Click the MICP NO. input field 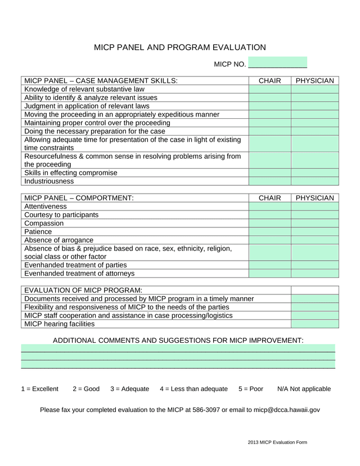click(278, 62)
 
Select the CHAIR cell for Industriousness click(269, 181)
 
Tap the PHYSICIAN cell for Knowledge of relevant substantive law click(314, 89)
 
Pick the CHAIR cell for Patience click(269, 231)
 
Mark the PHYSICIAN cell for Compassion click(314, 223)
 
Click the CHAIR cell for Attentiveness click(269, 207)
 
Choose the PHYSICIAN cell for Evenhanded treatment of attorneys click(314, 274)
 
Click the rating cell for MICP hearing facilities click(314, 324)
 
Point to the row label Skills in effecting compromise click(71, 173)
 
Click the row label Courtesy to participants click(61, 215)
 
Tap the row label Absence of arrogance click(59, 240)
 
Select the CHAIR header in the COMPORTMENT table click(269, 198)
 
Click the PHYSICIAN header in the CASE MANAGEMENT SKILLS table click(314, 81)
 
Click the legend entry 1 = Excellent click(39, 389)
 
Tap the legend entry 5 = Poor click(250, 389)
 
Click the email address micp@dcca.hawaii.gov click(286, 410)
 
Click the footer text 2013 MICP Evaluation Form click(277, 443)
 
